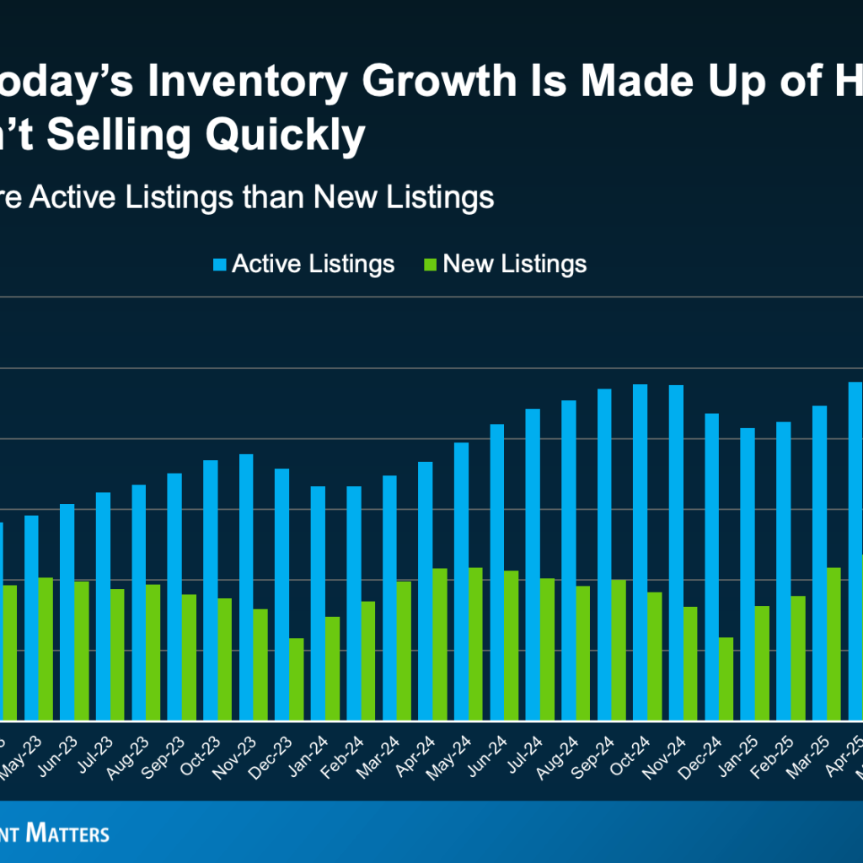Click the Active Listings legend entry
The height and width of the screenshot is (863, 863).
(303, 264)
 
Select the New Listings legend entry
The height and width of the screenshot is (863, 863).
(505, 264)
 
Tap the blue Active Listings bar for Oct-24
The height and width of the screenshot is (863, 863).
(640, 552)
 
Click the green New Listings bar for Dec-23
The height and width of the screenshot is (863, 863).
(296, 678)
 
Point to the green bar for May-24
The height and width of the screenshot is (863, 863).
(474, 644)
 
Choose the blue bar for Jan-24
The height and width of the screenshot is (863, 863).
(318, 603)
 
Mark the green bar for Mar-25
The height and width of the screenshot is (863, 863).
(834, 644)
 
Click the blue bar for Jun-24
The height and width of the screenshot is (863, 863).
(496, 572)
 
